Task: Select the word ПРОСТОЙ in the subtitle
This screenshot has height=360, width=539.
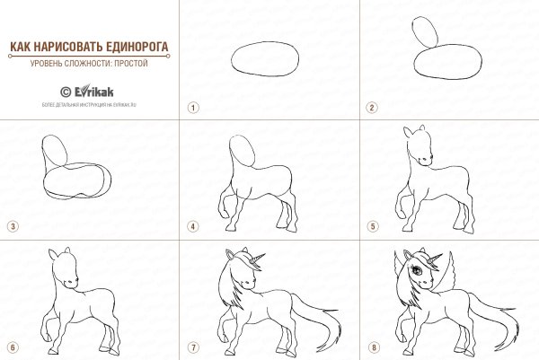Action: tap(130, 65)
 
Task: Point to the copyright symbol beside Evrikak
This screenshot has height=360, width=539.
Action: tap(66, 91)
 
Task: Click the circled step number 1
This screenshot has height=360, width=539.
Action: tap(192, 107)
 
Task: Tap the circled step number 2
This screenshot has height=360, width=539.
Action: tap(371, 107)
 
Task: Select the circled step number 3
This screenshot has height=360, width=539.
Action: tap(13, 226)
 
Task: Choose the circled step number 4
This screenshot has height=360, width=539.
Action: tap(192, 226)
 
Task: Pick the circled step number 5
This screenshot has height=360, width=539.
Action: tap(371, 226)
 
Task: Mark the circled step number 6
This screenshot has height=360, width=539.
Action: tap(13, 347)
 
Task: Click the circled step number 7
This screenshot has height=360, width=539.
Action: tap(192, 347)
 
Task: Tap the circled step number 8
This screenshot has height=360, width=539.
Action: tap(371, 347)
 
